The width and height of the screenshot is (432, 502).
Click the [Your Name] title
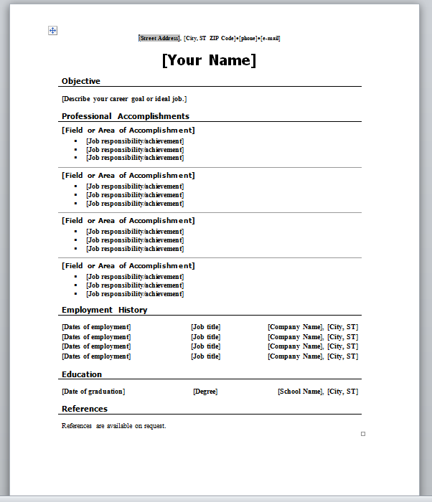(209, 60)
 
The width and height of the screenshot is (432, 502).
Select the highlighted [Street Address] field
(159, 38)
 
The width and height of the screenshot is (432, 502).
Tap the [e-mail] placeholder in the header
(271, 38)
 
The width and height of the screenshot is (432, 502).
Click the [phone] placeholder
(248, 38)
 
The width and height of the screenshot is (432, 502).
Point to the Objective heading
(81, 81)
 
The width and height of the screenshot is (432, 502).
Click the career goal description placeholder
(124, 99)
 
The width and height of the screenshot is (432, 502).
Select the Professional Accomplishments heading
(126, 116)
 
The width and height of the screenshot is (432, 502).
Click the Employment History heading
(105, 310)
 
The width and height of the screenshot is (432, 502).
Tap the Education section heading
(82, 374)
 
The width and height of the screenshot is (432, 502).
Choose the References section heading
(85, 409)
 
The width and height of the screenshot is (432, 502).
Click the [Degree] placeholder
(205, 392)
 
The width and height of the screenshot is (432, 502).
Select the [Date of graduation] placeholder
(93, 392)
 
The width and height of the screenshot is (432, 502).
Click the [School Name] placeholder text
(301, 392)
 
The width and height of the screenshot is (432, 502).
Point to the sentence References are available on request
(114, 426)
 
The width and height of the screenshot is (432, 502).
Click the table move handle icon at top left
(52, 30)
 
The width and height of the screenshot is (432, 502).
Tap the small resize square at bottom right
(363, 434)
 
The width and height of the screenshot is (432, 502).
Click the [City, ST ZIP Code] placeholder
(210, 38)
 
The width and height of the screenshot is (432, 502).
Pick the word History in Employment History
(133, 310)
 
